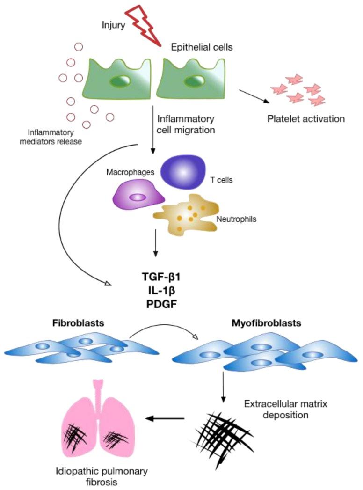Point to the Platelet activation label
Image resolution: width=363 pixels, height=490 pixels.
(x=306, y=119)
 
